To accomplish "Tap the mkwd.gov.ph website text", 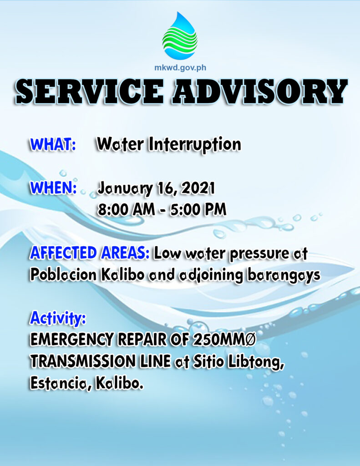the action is (x=180, y=68).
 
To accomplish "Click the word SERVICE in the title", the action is (x=89, y=91).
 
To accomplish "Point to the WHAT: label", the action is (x=53, y=144).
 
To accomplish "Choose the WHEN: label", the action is (x=54, y=187).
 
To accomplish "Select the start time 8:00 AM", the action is (x=127, y=209).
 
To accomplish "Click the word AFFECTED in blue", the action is (x=63, y=253).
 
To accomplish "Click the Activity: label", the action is (x=58, y=318).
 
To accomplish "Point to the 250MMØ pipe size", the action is (x=224, y=339).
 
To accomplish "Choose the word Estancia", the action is (x=59, y=384).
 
